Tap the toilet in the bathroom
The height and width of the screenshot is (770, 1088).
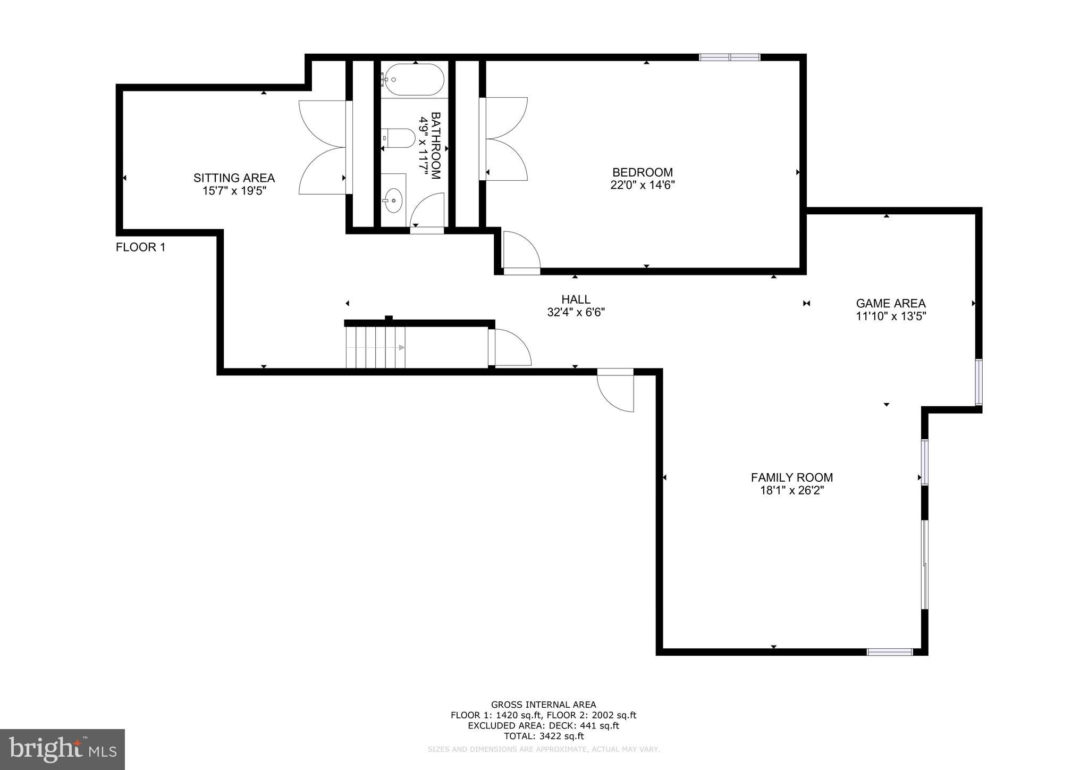point(400,138)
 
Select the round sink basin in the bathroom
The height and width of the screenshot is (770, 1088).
point(393,200)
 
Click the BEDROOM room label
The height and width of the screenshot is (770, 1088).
point(642,172)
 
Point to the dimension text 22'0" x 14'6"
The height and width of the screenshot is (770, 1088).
point(642,185)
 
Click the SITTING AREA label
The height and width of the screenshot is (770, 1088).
point(234,178)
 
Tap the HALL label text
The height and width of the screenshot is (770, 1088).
point(576,299)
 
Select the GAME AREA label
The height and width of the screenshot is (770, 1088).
point(890,304)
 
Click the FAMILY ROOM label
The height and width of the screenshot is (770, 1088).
point(791,478)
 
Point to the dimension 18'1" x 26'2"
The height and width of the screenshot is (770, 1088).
point(791,490)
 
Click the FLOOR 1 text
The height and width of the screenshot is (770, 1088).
point(140,247)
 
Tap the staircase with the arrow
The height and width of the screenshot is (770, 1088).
point(375,347)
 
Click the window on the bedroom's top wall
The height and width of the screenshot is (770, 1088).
point(729,57)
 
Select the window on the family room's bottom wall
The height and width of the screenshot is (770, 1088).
point(889,651)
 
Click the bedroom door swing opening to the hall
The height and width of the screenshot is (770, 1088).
point(521,253)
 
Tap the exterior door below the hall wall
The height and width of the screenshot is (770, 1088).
point(615,391)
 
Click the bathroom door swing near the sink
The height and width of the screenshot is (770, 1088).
point(428,212)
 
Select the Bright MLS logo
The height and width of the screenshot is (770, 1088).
point(62,750)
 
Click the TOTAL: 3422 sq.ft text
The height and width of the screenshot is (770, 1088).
point(543,736)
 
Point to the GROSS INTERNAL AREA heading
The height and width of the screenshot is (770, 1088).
point(543,705)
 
